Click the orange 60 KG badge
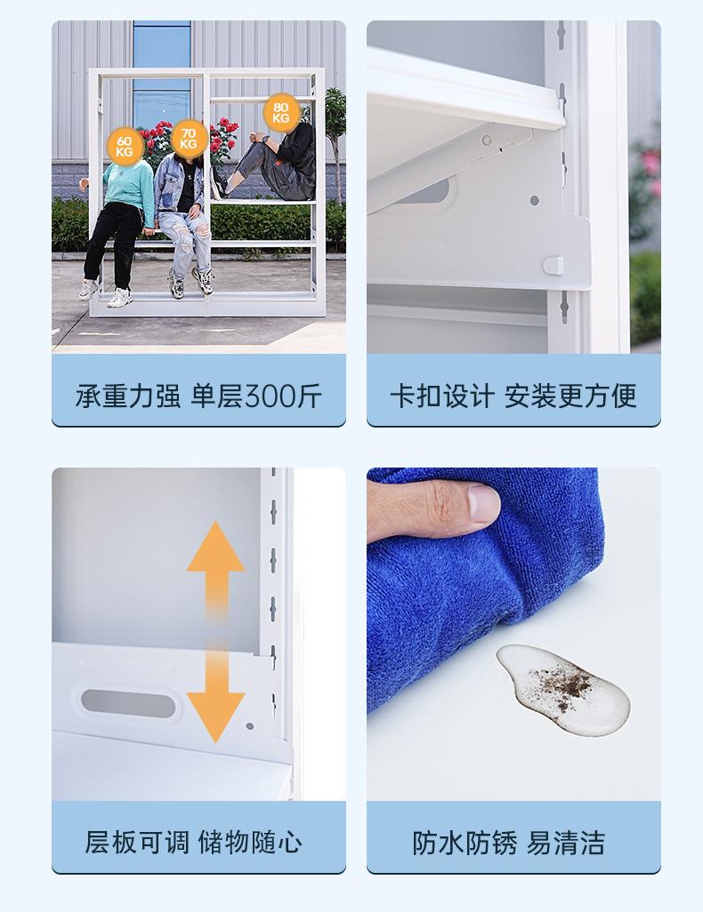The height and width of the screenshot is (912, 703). click(x=124, y=146)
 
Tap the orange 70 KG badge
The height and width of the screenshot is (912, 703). click(x=188, y=138)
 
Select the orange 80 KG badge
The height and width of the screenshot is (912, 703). click(x=280, y=113)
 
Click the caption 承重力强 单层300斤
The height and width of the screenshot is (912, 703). click(x=198, y=396)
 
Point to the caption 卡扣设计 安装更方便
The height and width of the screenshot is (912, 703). click(x=513, y=396)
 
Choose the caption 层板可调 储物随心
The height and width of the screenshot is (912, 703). click(x=193, y=841)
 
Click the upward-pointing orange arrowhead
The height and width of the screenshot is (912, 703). click(x=215, y=546)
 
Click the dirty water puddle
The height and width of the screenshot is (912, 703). click(x=562, y=688)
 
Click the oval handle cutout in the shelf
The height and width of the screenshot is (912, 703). click(x=130, y=702)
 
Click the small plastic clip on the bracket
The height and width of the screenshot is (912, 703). click(x=552, y=264)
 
